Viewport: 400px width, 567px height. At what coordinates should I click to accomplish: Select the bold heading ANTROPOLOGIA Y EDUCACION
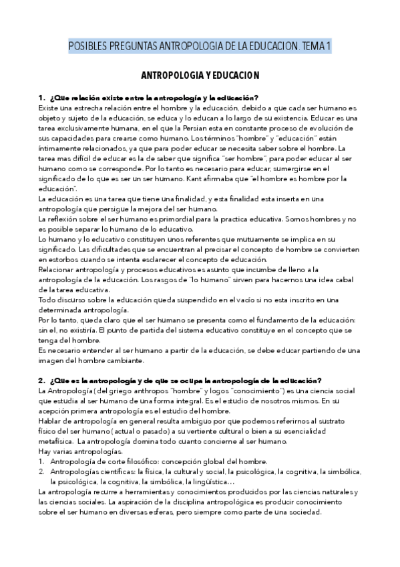click(x=200, y=76)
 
